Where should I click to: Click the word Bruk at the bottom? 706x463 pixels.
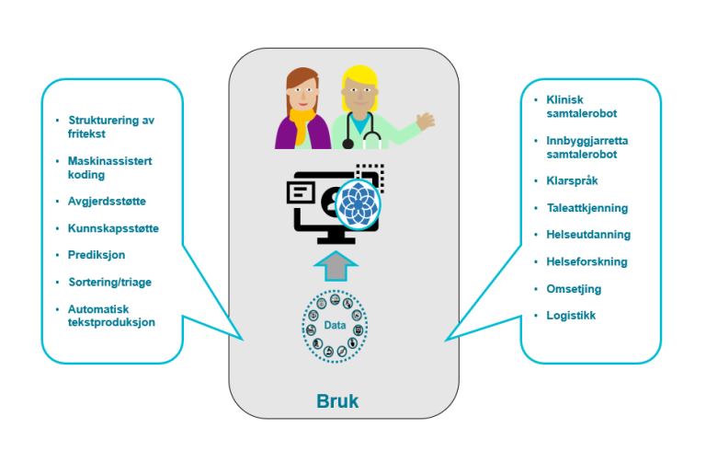(x=339, y=401)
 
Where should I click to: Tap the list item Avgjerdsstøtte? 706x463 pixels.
(x=106, y=200)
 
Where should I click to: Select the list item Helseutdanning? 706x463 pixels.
(x=587, y=235)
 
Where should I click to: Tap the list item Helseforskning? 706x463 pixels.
(x=586, y=261)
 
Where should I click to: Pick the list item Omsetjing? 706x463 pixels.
(x=574, y=288)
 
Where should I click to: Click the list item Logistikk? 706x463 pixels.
(x=571, y=316)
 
